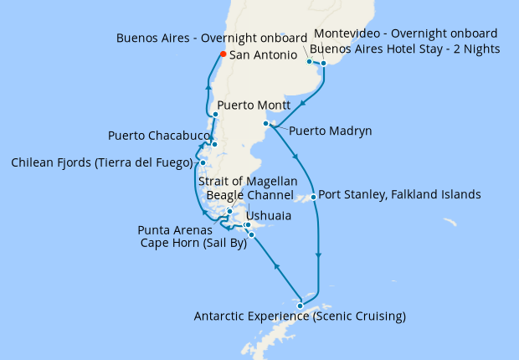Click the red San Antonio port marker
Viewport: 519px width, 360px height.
(223, 54)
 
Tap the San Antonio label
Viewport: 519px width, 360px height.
(264, 55)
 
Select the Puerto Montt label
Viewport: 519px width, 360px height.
(254, 106)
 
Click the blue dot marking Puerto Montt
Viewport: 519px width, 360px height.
(216, 114)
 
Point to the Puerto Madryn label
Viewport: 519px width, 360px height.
(330, 131)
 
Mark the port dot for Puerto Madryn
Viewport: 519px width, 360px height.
(266, 124)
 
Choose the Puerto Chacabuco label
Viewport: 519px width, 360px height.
(157, 136)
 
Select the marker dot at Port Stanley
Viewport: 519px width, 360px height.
(313, 198)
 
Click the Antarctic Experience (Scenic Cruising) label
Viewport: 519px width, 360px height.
(300, 316)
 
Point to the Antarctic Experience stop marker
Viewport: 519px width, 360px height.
(300, 306)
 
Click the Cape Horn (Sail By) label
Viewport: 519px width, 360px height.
(193, 244)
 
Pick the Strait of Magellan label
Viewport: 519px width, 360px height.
(247, 181)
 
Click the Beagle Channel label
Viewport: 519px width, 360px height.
(250, 195)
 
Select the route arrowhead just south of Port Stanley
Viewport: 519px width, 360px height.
(318, 255)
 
